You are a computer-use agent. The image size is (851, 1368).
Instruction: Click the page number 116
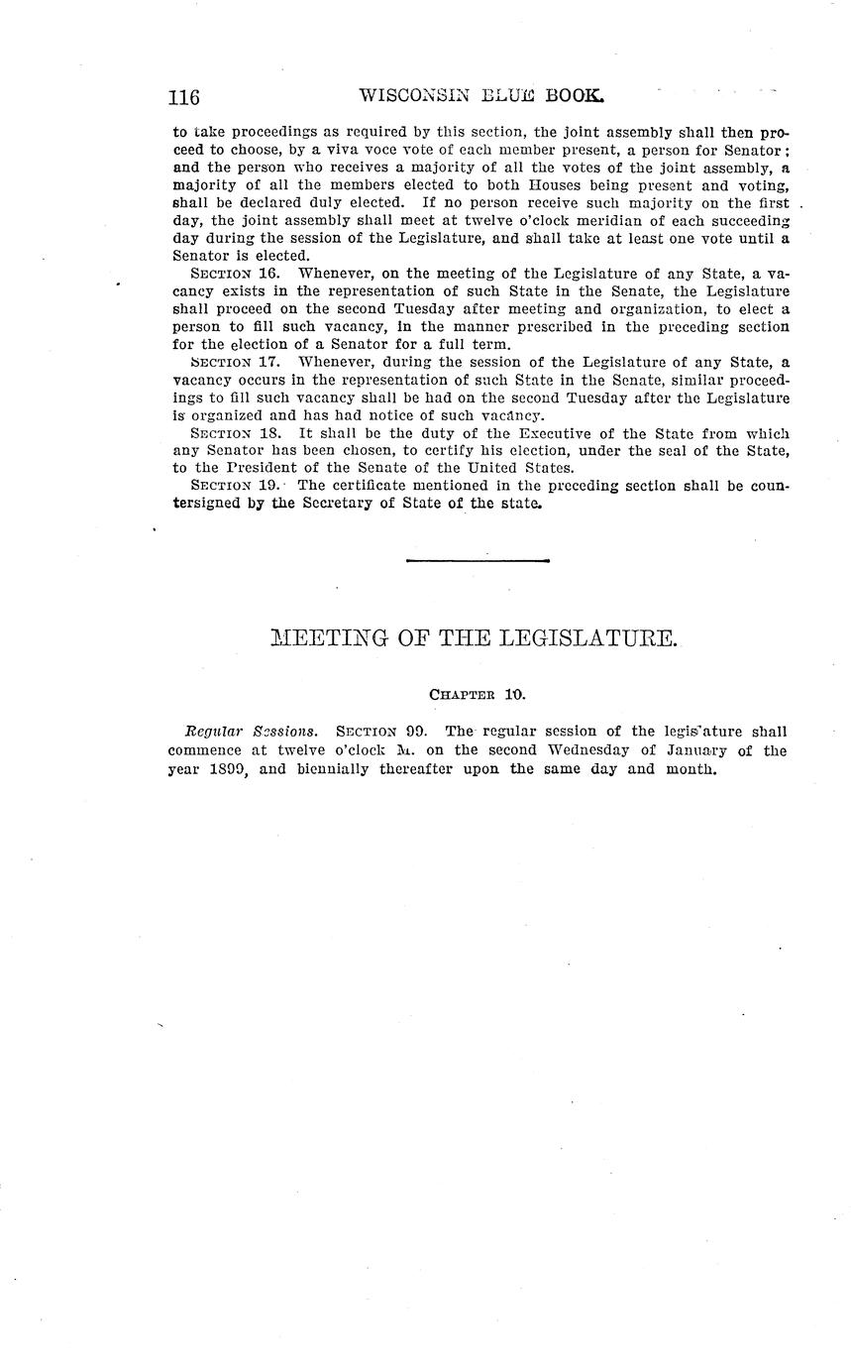(184, 97)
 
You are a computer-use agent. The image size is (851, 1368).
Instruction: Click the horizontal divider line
(478, 561)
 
